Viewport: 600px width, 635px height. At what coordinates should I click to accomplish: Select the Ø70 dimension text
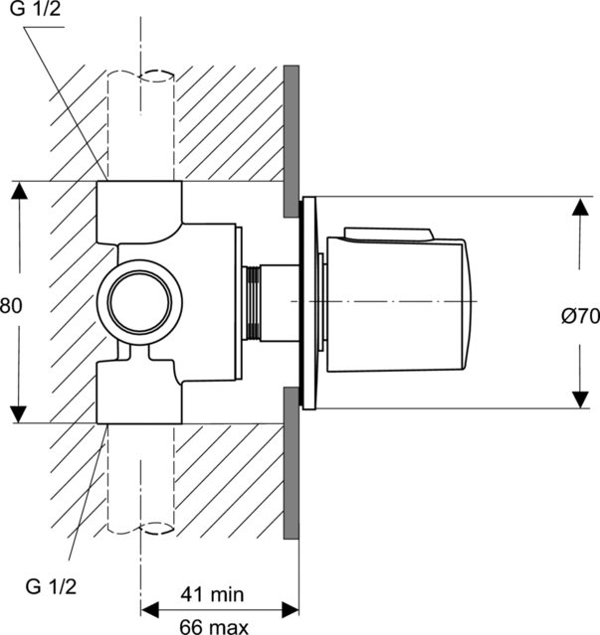point(578,317)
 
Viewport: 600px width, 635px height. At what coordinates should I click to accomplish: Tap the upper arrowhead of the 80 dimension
point(19,192)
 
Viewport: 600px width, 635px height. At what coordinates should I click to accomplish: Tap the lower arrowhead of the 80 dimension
point(19,412)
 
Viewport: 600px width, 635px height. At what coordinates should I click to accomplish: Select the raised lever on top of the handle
point(389,234)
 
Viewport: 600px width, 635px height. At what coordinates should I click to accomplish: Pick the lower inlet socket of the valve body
point(139,393)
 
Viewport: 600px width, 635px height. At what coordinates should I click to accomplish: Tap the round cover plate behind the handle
point(309,301)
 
